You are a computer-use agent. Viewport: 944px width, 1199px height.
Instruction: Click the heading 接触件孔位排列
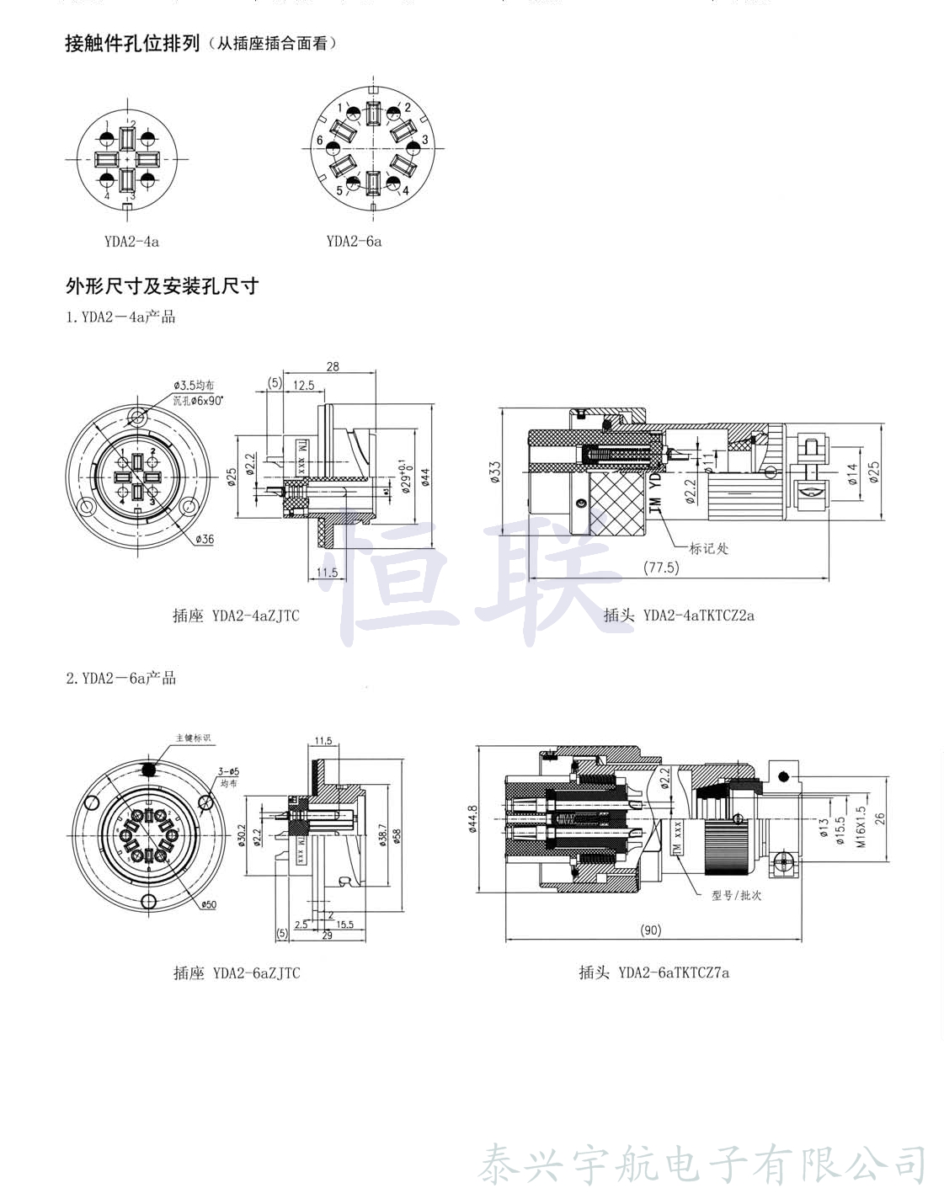pos(132,43)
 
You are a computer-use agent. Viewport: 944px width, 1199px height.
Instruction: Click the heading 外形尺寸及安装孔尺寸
pos(162,286)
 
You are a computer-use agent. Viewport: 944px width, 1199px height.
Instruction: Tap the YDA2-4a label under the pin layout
pos(131,242)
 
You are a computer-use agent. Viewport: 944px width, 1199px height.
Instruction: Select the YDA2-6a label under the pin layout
pos(354,242)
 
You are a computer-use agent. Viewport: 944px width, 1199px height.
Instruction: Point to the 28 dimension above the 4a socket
pos(333,366)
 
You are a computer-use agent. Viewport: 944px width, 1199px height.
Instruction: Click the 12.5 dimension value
pos(303,385)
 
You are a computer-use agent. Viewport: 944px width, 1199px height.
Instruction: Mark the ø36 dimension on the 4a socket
pos(205,539)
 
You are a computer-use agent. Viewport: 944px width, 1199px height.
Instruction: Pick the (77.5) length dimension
pos(661,568)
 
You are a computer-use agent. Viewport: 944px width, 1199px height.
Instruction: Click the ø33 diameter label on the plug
pos(495,469)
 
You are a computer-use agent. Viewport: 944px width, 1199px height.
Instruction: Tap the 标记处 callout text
pos(709,548)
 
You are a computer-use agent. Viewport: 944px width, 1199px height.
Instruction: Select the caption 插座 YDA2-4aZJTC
pos(236,615)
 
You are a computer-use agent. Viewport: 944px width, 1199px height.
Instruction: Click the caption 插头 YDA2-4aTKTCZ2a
pos(679,615)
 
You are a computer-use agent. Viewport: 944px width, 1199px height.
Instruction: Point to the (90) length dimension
pos(651,930)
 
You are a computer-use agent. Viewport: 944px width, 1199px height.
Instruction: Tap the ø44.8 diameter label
pos(472,818)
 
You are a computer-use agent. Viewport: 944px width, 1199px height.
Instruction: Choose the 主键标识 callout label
pos(193,738)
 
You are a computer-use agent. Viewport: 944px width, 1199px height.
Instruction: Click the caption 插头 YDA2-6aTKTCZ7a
pos(653,973)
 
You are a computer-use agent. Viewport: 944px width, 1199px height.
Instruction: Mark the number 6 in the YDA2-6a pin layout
pos(320,140)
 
